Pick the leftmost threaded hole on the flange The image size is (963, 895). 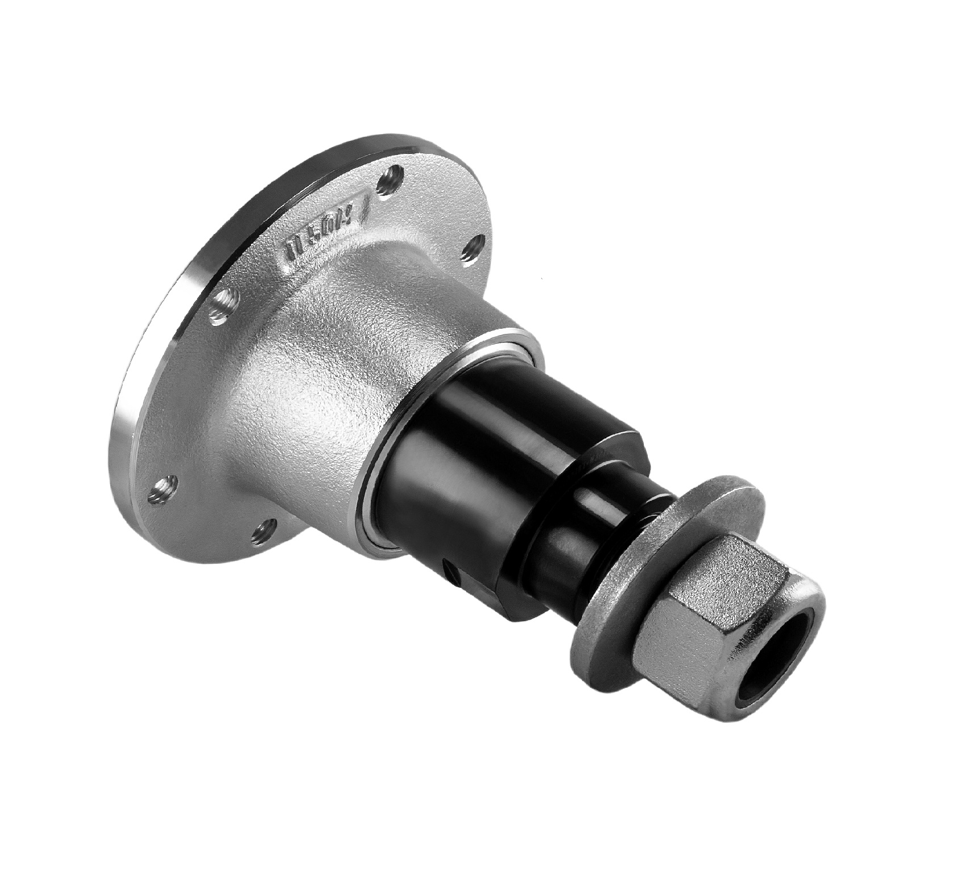coord(162,486)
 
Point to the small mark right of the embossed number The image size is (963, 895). coord(369,202)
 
